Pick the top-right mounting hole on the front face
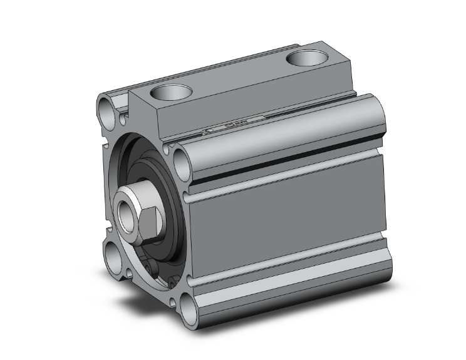point(180,162)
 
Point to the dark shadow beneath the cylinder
point(144,307)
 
